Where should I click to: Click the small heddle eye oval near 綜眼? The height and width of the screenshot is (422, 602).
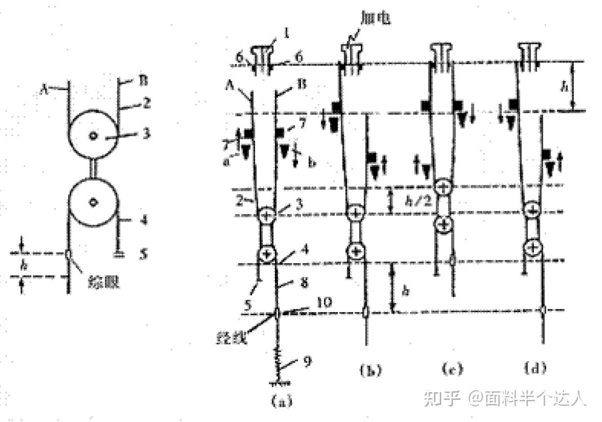click(68, 254)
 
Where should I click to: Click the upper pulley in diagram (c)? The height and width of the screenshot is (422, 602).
click(443, 187)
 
